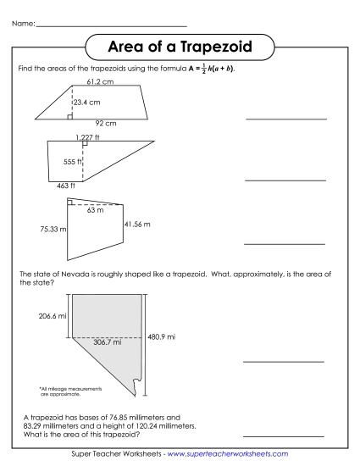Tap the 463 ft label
pyautogui.click(x=65, y=185)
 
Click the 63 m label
pyautogui.click(x=84, y=209)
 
